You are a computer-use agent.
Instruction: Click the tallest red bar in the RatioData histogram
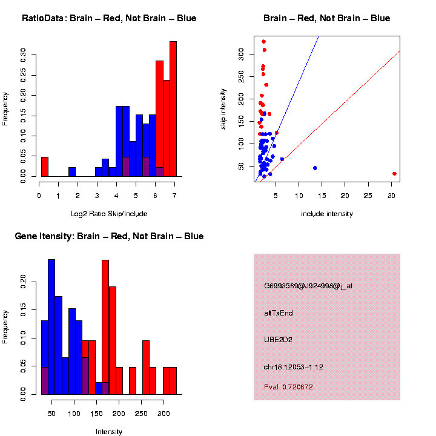(173, 109)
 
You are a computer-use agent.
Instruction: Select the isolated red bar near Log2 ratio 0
(45, 167)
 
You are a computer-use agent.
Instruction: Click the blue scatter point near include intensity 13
(315, 168)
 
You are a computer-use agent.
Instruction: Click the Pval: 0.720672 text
(289, 386)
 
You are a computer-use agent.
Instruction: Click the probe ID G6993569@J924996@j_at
(308, 286)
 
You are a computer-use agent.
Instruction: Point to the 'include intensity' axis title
(327, 214)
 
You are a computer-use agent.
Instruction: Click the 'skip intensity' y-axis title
(223, 108)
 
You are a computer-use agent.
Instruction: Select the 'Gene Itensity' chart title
(109, 236)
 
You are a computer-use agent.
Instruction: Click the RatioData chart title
(109, 19)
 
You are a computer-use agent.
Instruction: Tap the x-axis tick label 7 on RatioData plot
(174, 195)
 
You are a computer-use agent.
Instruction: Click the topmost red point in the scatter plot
(264, 42)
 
